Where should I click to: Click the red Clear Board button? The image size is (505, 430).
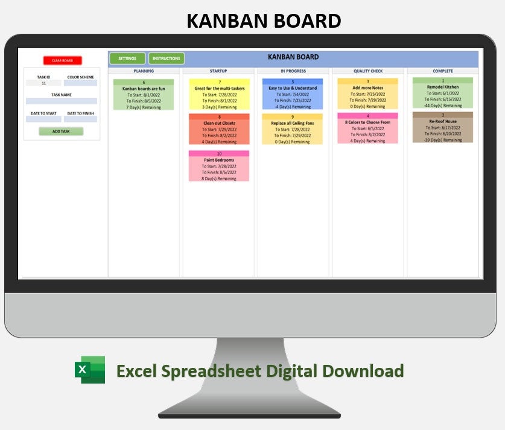pos(62,60)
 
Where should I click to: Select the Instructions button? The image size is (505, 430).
pos(167,58)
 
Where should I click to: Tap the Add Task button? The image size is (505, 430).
pos(61,131)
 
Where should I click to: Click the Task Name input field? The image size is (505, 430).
pos(62,101)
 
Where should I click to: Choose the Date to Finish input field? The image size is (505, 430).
pos(80,119)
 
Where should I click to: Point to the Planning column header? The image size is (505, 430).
pos(144,71)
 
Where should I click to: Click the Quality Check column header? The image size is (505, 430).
pos(368,71)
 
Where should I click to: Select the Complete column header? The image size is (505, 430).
pos(443,71)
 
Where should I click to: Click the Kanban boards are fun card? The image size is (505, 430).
pos(144,95)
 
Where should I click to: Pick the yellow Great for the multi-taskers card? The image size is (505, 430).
pos(219,95)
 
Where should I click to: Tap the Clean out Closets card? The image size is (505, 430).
pos(219,129)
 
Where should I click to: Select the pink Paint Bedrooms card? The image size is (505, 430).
pos(219,166)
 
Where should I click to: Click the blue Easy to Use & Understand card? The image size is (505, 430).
pos(293,95)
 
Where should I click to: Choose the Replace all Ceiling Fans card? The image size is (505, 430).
pos(293,129)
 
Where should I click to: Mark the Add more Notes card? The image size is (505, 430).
pos(368,94)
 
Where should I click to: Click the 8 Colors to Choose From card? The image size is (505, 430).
pos(368,128)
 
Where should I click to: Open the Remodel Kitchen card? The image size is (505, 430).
pos(443,93)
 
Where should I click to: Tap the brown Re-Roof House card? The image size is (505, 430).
pos(443,127)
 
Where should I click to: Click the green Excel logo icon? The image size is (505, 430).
pos(90,370)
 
